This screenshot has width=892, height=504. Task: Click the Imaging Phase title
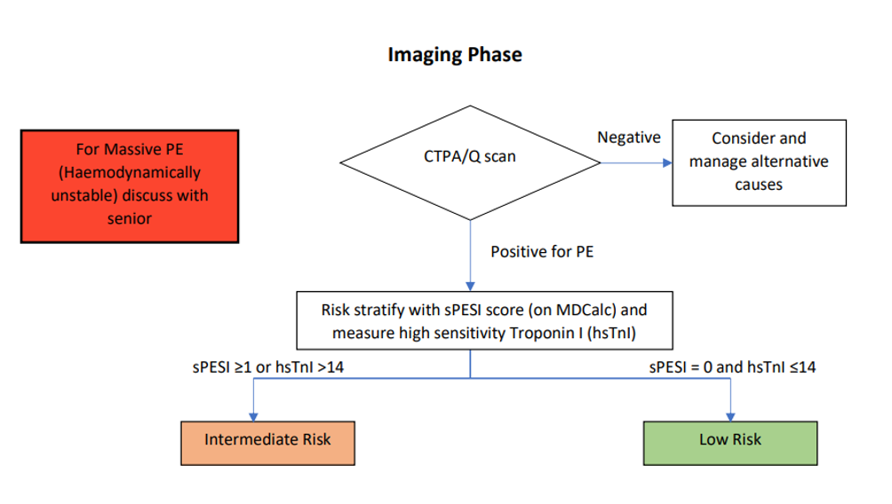click(455, 55)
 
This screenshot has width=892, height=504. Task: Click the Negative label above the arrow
click(629, 138)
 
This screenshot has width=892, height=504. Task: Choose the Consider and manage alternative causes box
click(758, 162)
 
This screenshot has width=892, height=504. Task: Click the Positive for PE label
click(542, 252)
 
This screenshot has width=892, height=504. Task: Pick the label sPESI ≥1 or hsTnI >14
click(262, 367)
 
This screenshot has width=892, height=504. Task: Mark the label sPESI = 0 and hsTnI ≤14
click(732, 367)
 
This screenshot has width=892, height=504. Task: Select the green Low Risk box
click(730, 439)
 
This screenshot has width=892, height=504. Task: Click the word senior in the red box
click(130, 218)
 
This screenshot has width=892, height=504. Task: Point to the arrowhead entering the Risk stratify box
click(470, 291)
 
